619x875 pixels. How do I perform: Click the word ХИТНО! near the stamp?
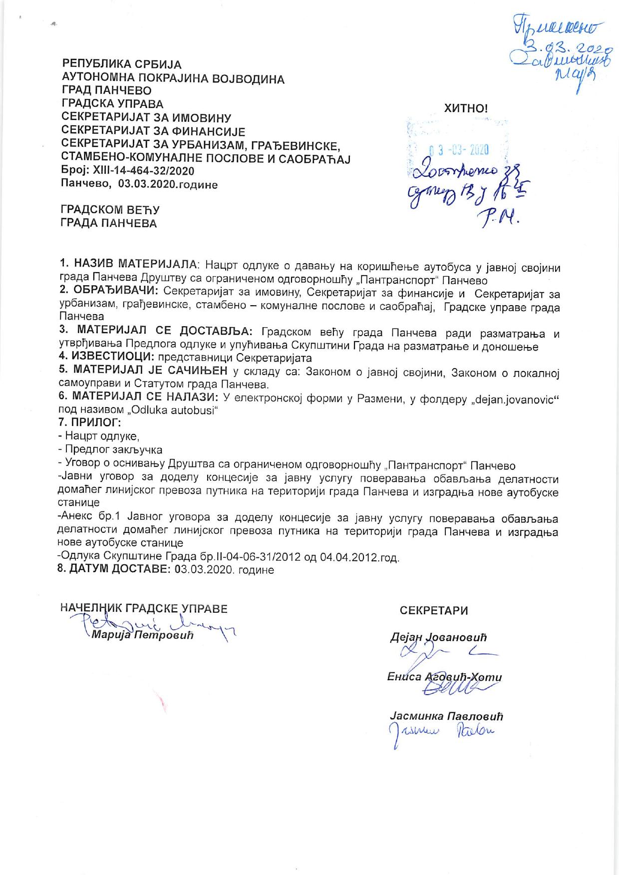(466, 108)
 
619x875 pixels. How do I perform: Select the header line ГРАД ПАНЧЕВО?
(106, 91)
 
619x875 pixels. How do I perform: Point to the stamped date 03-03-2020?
(459, 149)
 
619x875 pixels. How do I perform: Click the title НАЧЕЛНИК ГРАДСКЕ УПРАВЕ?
(144, 608)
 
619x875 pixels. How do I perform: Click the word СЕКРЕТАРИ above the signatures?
(434, 610)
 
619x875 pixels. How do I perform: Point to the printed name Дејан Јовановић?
(438, 637)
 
